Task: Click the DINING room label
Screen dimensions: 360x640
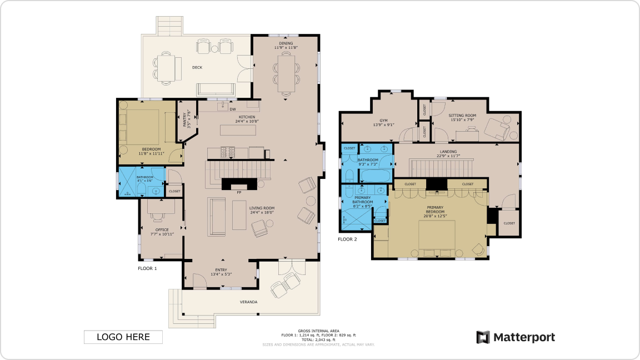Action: pyautogui.click(x=286, y=43)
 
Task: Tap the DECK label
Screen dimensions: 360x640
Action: pyautogui.click(x=197, y=68)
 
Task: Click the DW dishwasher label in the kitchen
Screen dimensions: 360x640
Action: pyautogui.click(x=233, y=109)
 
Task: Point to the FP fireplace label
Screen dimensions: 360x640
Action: pyautogui.click(x=239, y=192)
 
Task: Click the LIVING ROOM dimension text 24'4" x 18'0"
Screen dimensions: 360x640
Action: pyautogui.click(x=262, y=213)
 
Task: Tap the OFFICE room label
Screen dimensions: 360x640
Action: pyautogui.click(x=162, y=229)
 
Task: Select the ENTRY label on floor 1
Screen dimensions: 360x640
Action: pyautogui.click(x=221, y=270)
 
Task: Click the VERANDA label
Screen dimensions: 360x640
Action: pyautogui.click(x=248, y=302)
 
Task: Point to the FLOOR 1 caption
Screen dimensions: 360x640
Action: pyautogui.click(x=147, y=268)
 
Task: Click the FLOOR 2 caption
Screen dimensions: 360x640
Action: pyautogui.click(x=347, y=239)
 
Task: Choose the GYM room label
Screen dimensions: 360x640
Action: pyautogui.click(x=383, y=120)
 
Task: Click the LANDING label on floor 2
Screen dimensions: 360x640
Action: pyautogui.click(x=448, y=152)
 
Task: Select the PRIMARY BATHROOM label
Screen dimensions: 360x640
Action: pyautogui.click(x=363, y=199)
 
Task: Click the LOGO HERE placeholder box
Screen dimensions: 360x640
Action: pyautogui.click(x=123, y=337)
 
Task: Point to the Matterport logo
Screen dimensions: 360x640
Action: pyautogui.click(x=516, y=337)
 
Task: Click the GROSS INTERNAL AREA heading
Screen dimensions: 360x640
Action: pyautogui.click(x=318, y=331)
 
